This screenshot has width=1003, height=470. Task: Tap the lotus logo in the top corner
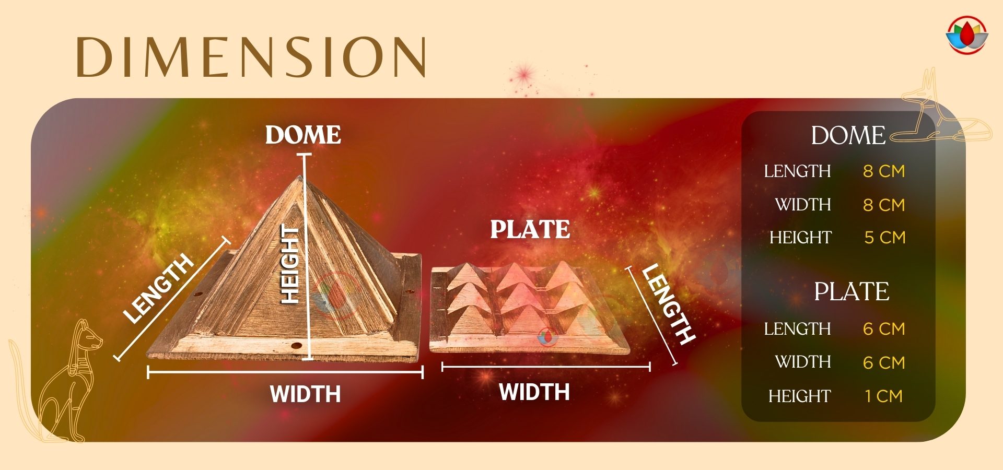point(966,35)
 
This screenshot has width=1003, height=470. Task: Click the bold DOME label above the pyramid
point(303,135)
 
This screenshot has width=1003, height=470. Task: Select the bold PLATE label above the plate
point(530,229)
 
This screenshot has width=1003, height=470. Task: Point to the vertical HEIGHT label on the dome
point(290,264)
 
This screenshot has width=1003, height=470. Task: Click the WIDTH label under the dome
point(305,394)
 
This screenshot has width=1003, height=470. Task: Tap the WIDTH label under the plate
point(534,392)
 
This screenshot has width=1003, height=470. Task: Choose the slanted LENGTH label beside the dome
point(158,288)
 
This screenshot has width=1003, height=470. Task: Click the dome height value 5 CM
point(884,238)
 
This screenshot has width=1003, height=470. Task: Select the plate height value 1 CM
point(883,396)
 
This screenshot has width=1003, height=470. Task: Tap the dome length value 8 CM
point(884,171)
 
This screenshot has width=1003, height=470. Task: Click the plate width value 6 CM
point(884,362)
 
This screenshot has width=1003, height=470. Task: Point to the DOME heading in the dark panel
point(848,136)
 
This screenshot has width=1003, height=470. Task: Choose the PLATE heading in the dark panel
point(852,291)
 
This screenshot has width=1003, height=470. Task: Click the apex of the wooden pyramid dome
point(299,177)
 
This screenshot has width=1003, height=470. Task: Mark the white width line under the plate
point(546,367)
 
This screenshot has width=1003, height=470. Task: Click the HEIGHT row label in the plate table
point(799,396)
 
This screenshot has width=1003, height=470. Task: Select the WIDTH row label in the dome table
point(803,205)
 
